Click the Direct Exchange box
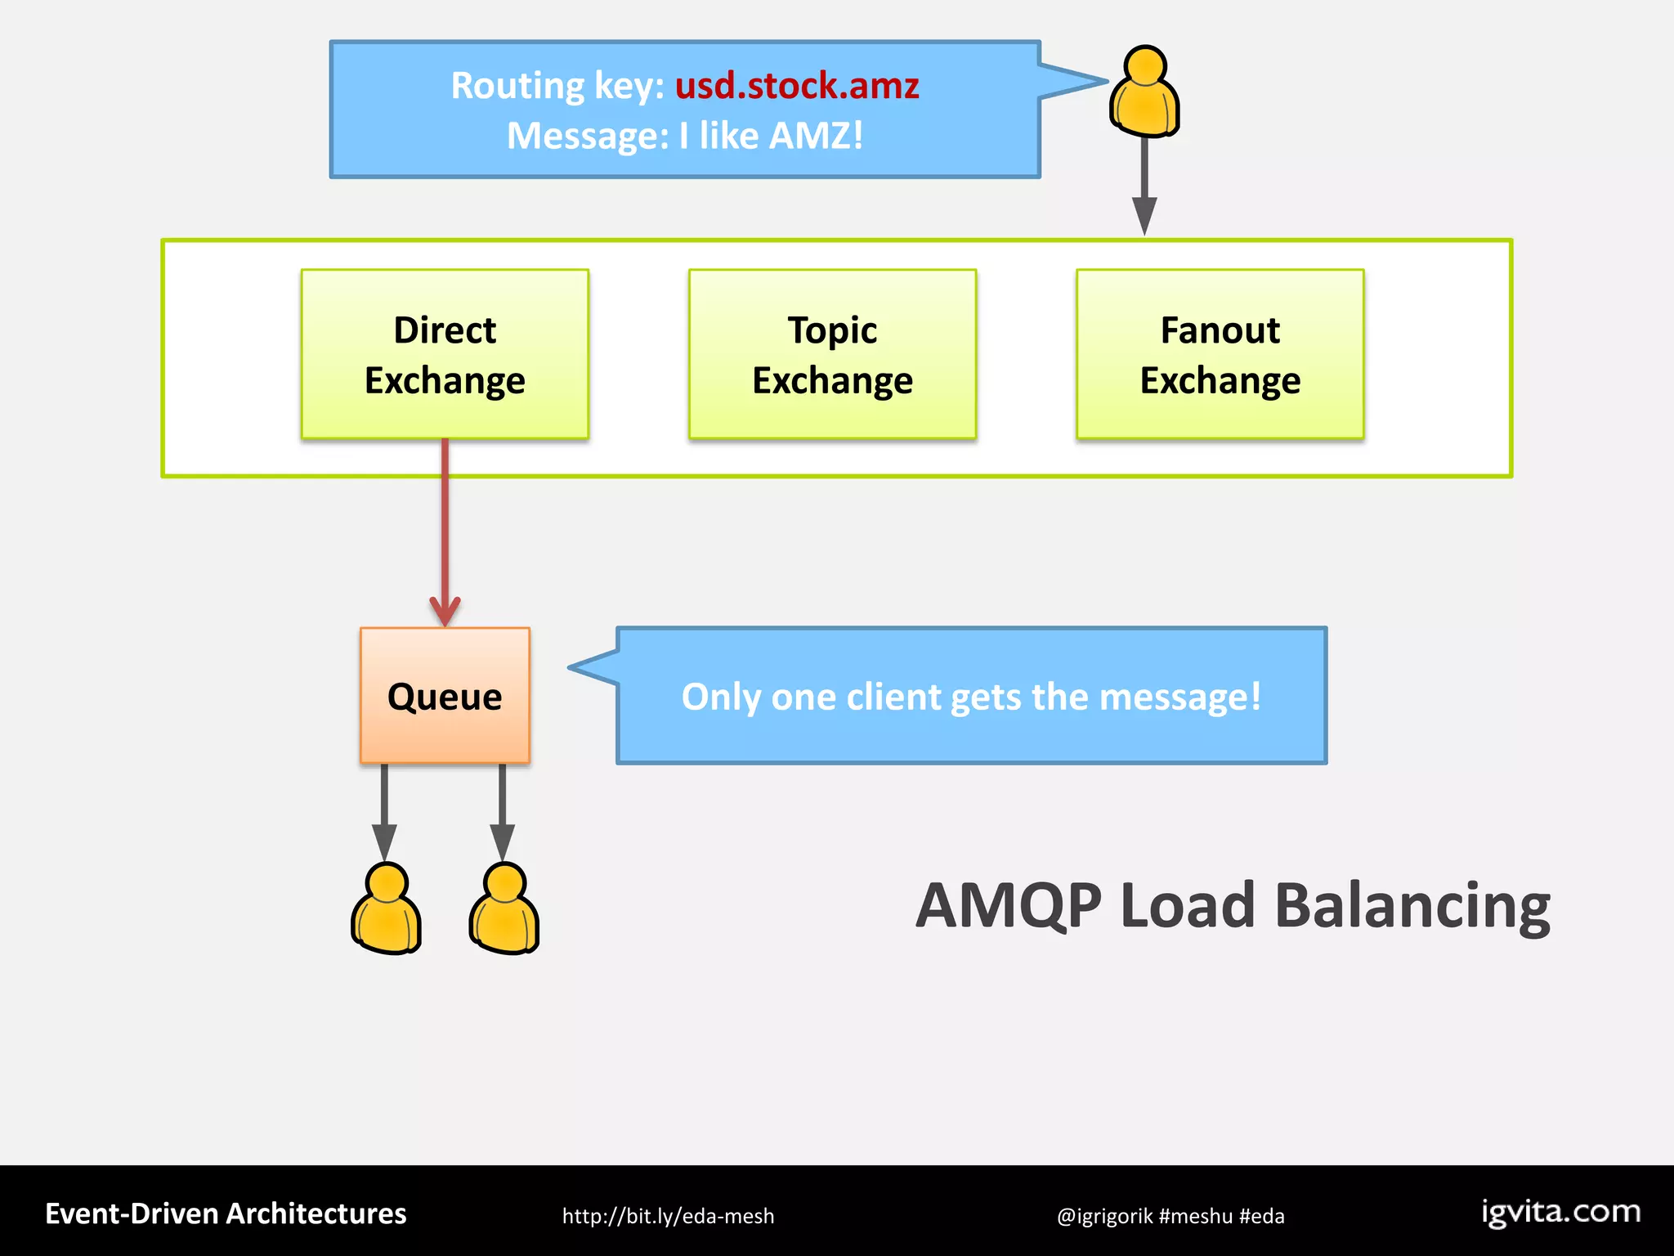[445, 354]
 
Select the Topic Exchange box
[832, 354]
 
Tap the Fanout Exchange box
[1220, 354]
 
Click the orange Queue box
[445, 696]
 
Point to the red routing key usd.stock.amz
[797, 86]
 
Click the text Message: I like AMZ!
[685, 136]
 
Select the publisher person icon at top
[1144, 92]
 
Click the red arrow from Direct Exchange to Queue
[445, 532]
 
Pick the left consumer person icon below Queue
[386, 909]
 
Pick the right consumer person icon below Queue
[504, 909]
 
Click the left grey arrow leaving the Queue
[384, 810]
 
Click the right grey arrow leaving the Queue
[502, 810]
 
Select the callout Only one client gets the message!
[971, 697]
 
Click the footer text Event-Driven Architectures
[226, 1213]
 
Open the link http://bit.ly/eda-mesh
[668, 1216]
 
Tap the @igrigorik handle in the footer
[1103, 1216]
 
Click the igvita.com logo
[1561, 1212]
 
